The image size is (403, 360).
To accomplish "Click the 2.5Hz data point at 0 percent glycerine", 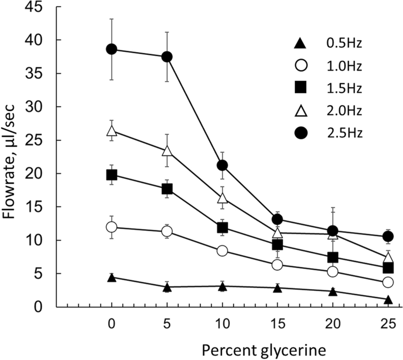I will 112,49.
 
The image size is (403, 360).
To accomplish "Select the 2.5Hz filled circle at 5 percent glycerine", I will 167,57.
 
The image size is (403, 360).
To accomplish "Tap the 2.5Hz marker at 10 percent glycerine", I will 222,165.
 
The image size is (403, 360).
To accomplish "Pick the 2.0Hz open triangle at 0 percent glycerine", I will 112,131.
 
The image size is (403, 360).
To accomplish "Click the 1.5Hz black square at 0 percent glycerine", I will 112,175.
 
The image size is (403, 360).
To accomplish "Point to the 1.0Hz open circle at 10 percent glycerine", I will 222,251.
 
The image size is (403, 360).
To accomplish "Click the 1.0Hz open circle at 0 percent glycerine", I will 112,227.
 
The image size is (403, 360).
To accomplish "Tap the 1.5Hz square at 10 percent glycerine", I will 222,227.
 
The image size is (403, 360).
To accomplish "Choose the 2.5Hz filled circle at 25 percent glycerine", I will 388,236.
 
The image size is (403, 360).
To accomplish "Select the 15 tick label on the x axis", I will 277,325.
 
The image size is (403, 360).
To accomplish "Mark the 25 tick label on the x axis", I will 388,325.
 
